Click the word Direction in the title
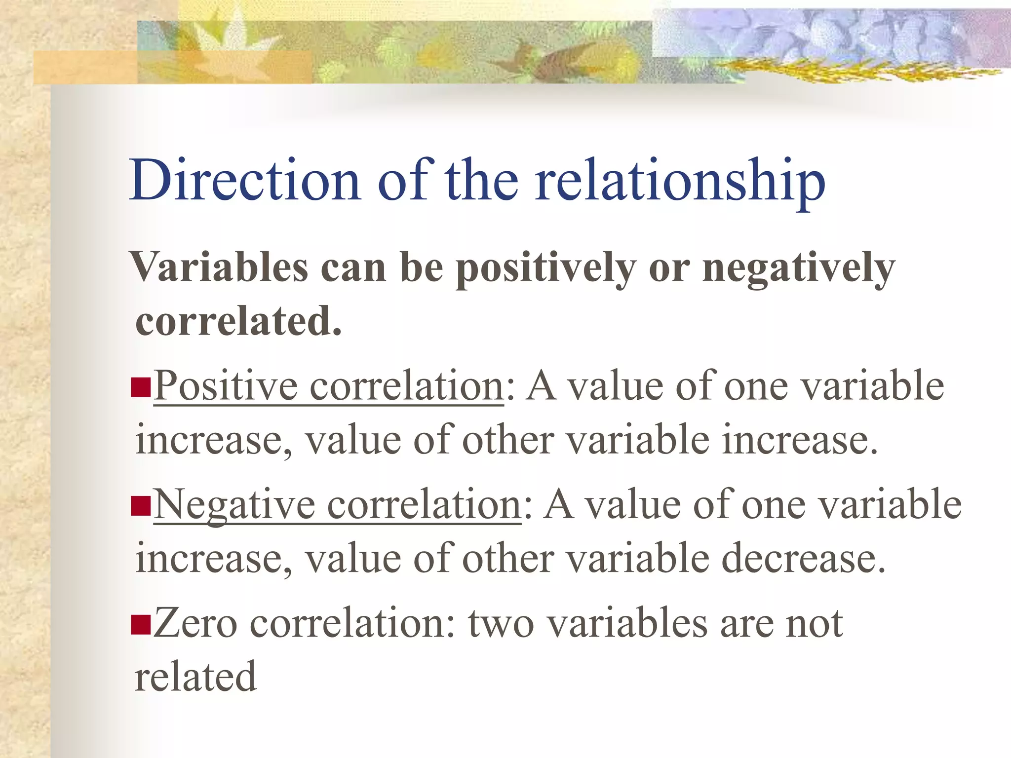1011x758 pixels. [244, 180]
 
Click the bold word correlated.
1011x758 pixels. [238, 321]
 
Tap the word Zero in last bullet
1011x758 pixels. [195, 623]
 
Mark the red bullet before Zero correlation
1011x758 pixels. [141, 624]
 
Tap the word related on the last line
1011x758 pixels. [195, 677]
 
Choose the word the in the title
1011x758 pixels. [481, 180]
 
